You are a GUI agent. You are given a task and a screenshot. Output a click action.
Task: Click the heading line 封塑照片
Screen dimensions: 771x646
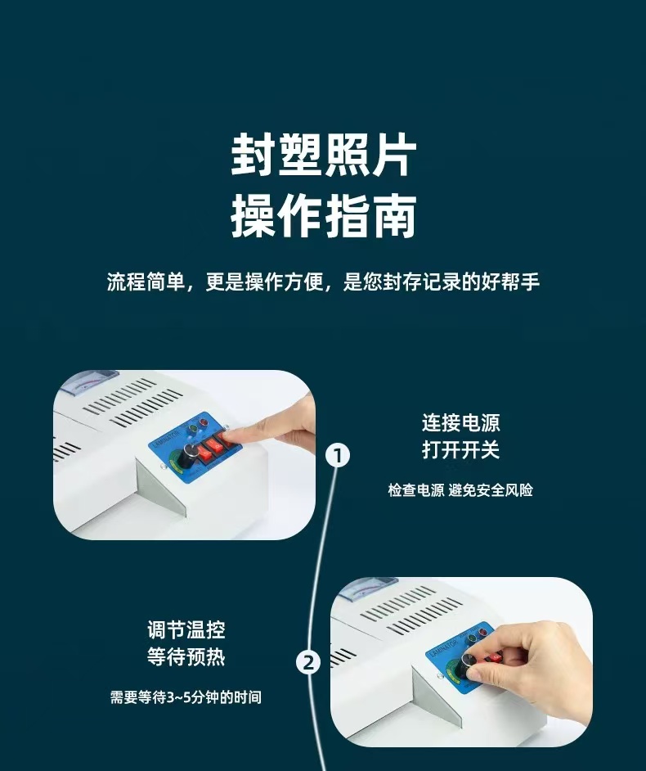click(x=323, y=156)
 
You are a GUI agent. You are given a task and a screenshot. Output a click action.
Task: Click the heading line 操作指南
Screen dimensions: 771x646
click(x=323, y=216)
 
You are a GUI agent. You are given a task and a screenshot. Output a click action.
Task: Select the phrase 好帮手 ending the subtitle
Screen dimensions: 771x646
click(x=514, y=282)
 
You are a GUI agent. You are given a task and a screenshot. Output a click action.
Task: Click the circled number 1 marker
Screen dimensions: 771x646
click(x=338, y=455)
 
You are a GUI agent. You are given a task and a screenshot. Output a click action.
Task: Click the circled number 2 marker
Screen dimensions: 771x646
click(x=307, y=661)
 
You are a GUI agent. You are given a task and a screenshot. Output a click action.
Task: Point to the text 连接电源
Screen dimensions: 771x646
click(x=460, y=423)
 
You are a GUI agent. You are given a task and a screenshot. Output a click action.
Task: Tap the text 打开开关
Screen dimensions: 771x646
click(x=460, y=450)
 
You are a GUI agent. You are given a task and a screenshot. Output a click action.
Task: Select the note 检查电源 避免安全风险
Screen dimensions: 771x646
click(x=460, y=490)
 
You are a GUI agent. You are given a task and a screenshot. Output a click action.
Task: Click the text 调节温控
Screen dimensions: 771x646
click(x=186, y=629)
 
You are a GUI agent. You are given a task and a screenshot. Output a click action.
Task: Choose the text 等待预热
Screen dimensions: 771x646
click(x=186, y=656)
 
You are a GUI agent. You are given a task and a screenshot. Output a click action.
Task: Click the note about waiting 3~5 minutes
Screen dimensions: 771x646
click(x=186, y=697)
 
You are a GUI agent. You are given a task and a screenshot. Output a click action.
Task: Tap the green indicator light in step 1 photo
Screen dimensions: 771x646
click(x=193, y=428)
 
